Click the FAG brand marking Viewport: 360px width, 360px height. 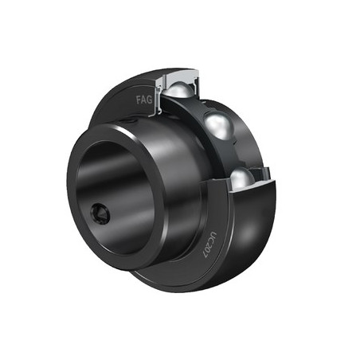click(144, 100)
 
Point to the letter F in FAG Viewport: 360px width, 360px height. click(139, 100)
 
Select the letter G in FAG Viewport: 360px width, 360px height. click(150, 100)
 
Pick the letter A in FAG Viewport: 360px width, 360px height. click(144, 100)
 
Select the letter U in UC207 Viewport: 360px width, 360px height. click(213, 235)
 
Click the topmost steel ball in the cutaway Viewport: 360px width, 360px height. click(178, 89)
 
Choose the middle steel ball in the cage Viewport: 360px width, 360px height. click(219, 125)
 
